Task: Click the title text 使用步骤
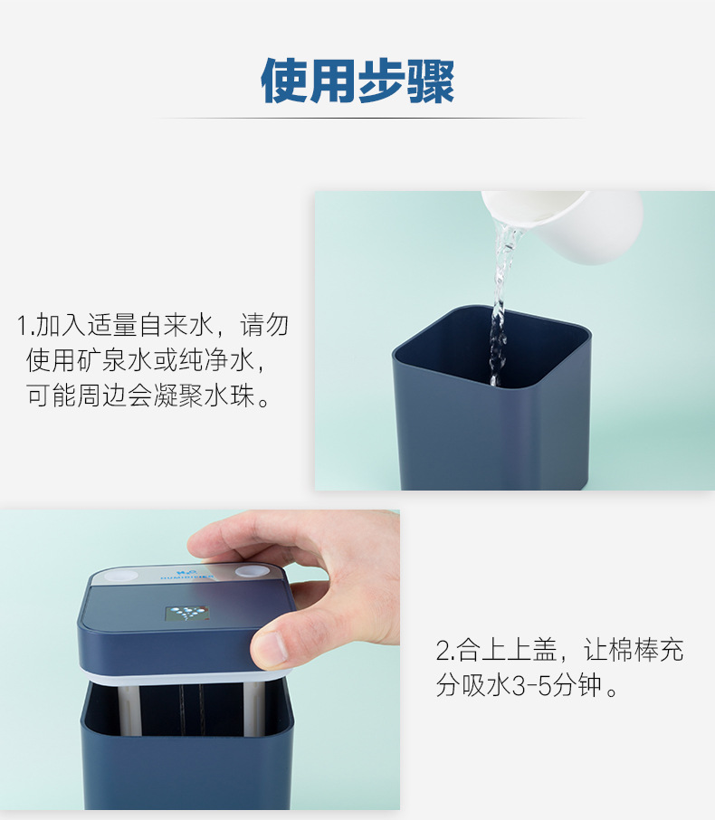tap(357, 82)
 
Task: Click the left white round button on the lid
tap(112, 575)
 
